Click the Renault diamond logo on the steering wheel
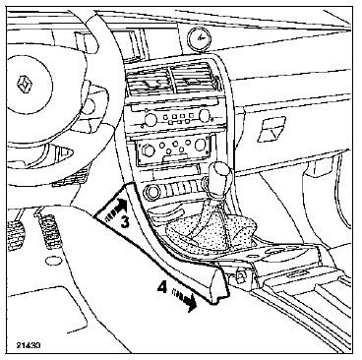coord(24,85)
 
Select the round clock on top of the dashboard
coord(199,38)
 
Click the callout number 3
coord(125,222)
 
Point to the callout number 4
coord(162,287)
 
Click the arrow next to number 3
coord(115,210)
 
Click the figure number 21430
coord(29,345)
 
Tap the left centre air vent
coord(149,81)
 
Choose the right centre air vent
coord(193,79)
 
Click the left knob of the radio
coord(151,118)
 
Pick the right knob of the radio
coord(204,114)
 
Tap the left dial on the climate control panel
coord(149,150)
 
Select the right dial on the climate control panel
coord(201,144)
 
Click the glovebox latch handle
coord(271,130)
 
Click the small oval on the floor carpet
coord(51,262)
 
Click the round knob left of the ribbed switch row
coord(152,193)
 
